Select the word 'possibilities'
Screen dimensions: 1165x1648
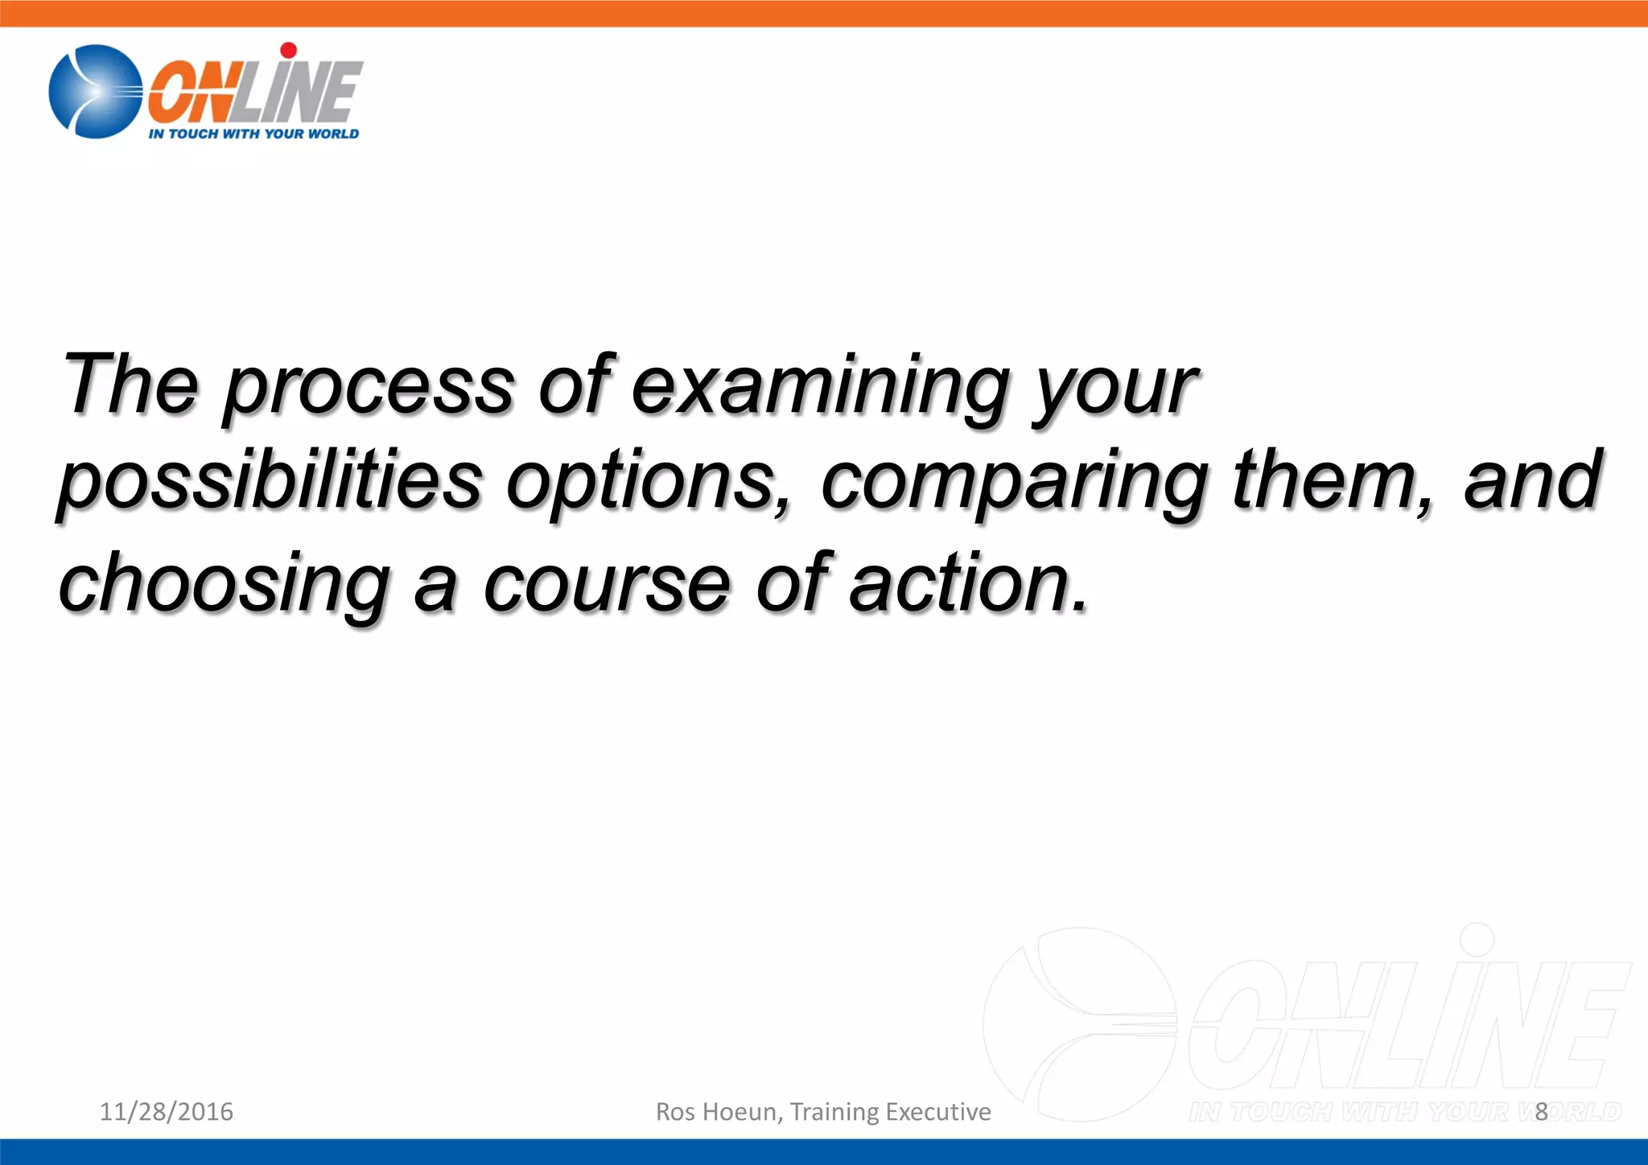click(270, 483)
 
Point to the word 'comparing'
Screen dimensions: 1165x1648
click(1014, 483)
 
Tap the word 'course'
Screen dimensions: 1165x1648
click(607, 583)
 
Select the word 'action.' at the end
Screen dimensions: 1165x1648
click(970, 583)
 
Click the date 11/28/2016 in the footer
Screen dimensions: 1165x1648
click(167, 1111)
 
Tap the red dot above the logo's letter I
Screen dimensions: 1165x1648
click(289, 50)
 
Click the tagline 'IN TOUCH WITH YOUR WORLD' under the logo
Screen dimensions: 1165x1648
click(253, 134)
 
